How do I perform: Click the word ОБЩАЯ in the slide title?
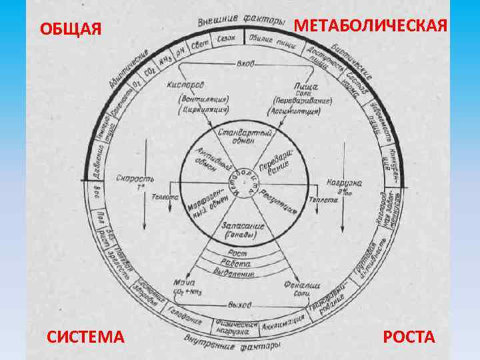point(70,29)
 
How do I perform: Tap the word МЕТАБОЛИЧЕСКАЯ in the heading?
point(371,25)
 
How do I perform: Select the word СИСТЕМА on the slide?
point(85,337)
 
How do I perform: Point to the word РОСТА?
point(409,337)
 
